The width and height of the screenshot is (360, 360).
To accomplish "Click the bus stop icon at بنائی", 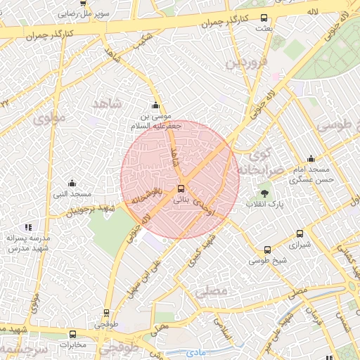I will tap(181, 188).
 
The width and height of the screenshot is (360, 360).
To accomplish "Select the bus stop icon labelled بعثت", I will tap(264, 18).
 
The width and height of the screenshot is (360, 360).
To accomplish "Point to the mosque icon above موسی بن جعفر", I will tap(155, 105).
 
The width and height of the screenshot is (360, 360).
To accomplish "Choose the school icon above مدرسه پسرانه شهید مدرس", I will tap(28, 227).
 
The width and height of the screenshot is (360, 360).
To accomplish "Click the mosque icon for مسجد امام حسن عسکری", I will tap(311, 159).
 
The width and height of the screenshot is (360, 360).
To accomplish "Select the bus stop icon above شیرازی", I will tap(300, 234).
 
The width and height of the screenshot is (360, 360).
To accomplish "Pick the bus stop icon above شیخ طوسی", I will tap(267, 250).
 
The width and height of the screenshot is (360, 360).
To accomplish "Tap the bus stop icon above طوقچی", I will tap(107, 313).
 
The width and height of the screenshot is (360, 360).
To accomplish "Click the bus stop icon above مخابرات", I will tap(73, 334).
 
